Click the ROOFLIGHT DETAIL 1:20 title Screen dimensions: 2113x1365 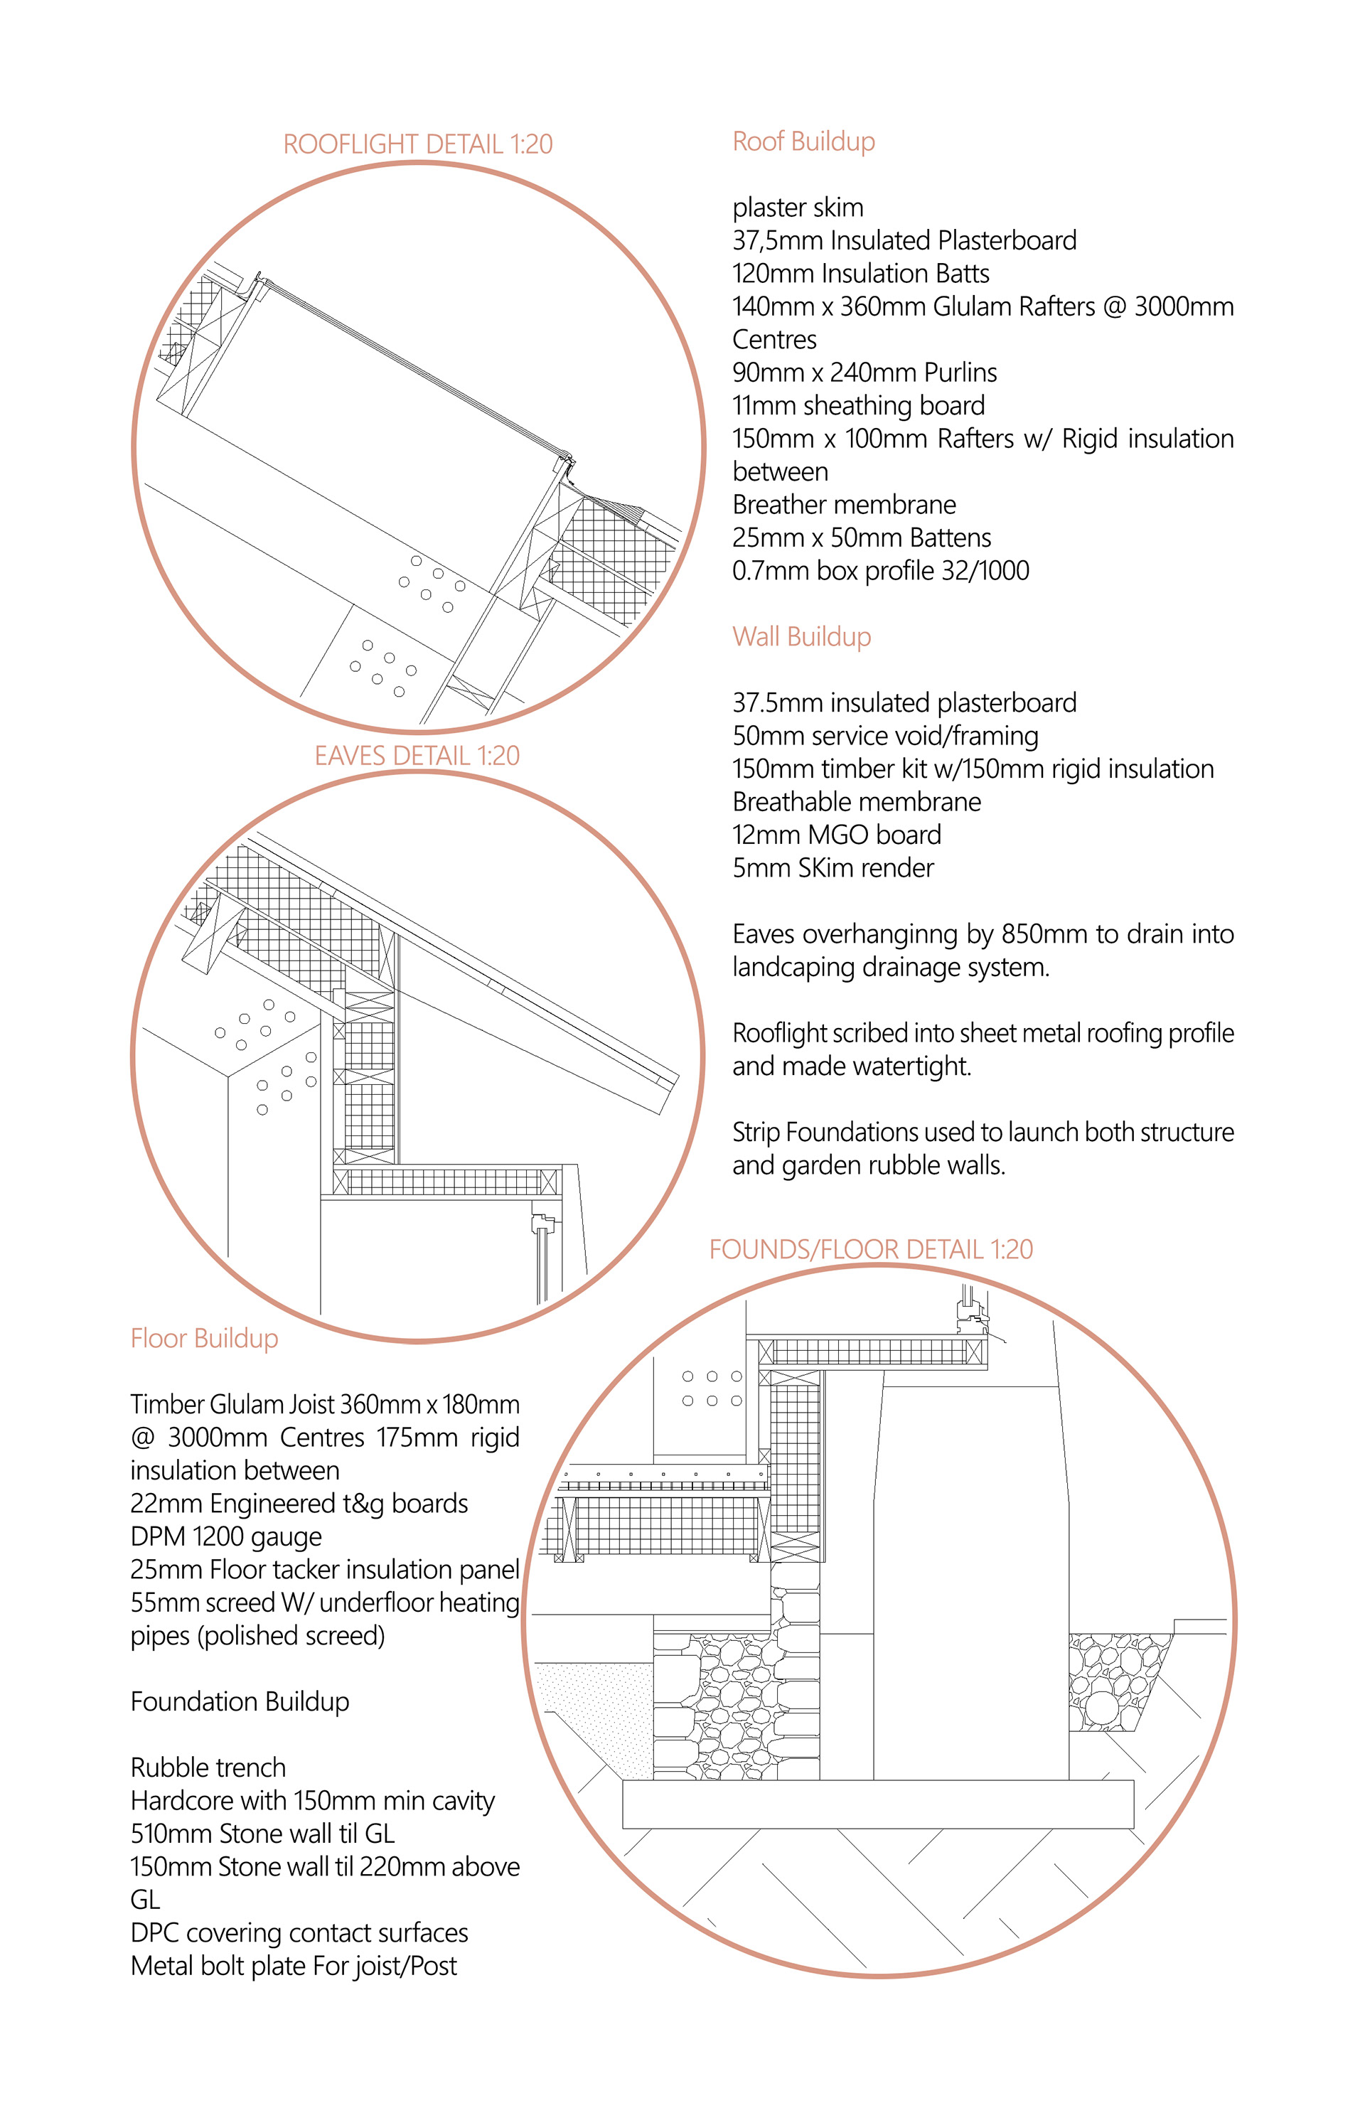point(417,144)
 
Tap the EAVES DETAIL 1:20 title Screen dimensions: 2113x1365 point(417,755)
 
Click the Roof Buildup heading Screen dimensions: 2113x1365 point(803,141)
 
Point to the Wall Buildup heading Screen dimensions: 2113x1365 point(801,636)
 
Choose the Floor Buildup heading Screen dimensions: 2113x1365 point(204,1337)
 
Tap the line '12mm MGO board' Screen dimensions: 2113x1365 point(837,834)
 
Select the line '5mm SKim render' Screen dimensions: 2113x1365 point(833,867)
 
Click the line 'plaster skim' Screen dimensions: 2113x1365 point(797,208)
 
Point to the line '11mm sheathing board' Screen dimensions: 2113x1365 point(858,405)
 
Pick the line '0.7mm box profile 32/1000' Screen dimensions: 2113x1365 point(880,571)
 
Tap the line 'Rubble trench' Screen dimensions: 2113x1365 point(208,1767)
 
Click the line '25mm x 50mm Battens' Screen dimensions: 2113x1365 point(861,538)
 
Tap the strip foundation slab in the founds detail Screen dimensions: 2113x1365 point(877,1804)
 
